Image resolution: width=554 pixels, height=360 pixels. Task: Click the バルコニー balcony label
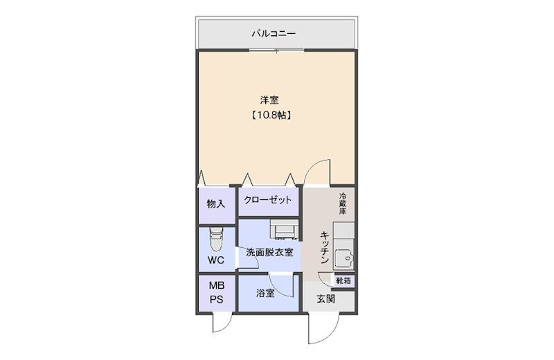[x=276, y=33]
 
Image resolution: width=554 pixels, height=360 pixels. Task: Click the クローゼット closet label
[x=267, y=200]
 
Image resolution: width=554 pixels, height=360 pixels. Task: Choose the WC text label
[x=216, y=260]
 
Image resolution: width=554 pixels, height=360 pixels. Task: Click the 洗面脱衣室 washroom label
[x=269, y=252]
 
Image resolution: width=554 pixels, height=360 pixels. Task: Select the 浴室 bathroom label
[x=265, y=293]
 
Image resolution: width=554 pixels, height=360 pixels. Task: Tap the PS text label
[x=217, y=299]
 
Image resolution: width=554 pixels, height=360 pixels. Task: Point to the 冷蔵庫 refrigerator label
[x=342, y=204]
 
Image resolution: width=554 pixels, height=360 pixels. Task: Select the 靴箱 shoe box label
[x=344, y=280]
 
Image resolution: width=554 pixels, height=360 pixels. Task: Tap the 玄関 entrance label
[x=325, y=299]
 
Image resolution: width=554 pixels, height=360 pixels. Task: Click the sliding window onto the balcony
[x=276, y=51]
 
